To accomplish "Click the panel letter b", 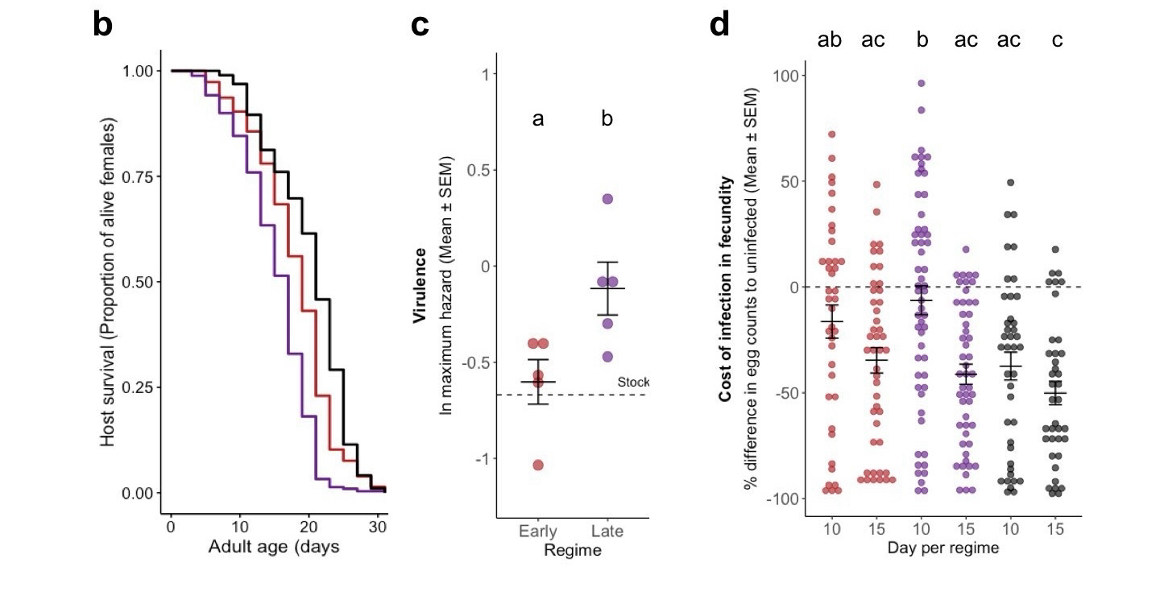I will [x=102, y=27].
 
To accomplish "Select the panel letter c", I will [x=420, y=27].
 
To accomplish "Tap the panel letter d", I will [x=719, y=27].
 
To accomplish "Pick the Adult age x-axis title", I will [x=273, y=548].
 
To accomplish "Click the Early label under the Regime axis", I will [x=538, y=532].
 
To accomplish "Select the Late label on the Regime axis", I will [x=607, y=532].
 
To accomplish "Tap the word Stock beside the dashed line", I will [x=633, y=382].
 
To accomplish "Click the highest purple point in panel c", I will [x=607, y=199].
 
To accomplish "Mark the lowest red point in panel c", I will [x=538, y=465].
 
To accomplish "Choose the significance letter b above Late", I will [x=607, y=119].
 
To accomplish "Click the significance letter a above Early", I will [x=538, y=119].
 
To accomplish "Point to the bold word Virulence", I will [x=420, y=286].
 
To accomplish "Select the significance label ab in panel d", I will [x=830, y=39].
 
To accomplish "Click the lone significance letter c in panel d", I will [x=1057, y=39].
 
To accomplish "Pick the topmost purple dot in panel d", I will [x=921, y=83].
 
